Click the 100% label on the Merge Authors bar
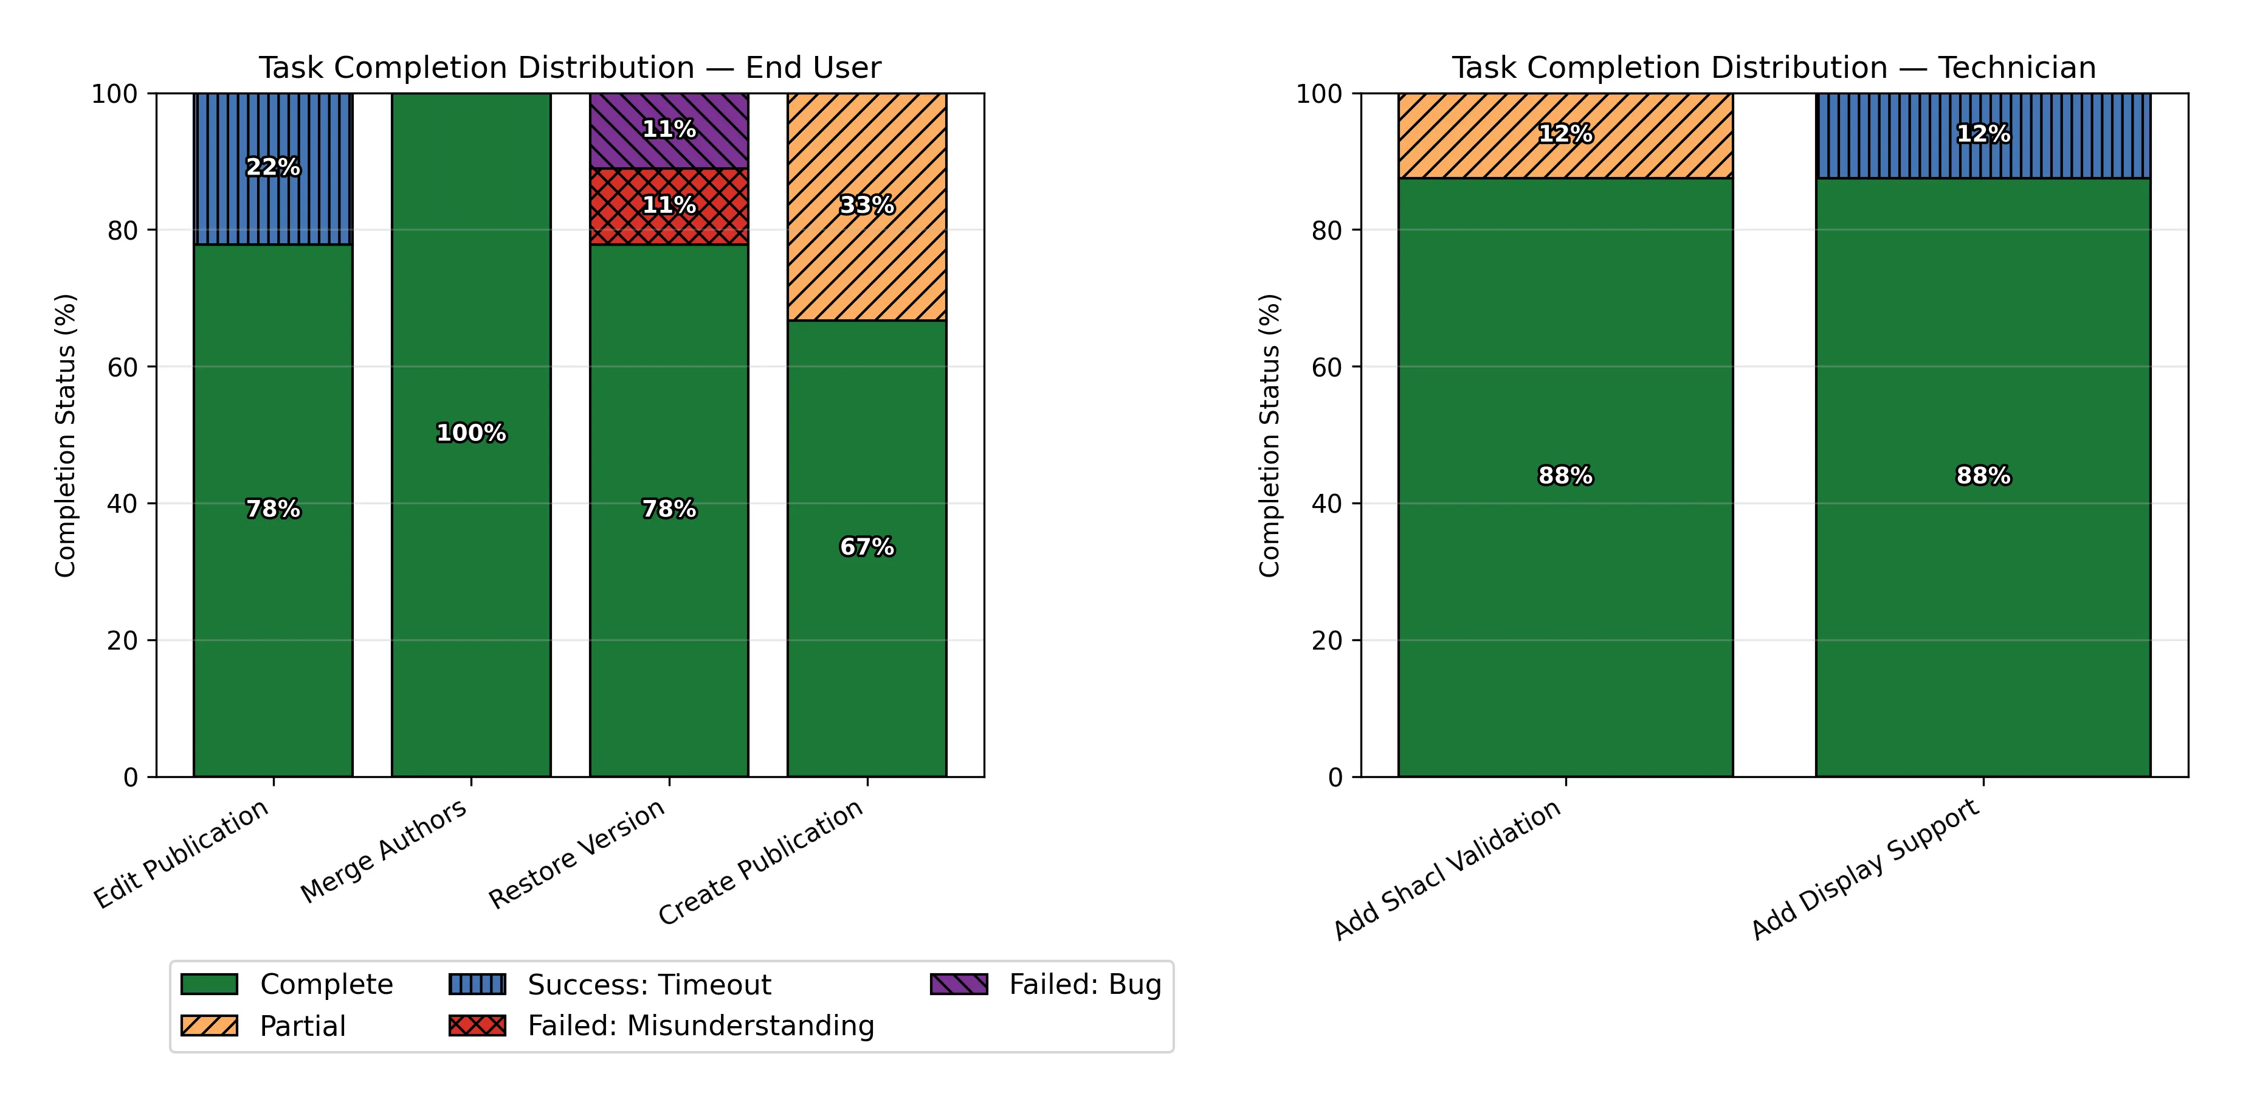point(471,433)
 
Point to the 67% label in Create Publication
point(866,547)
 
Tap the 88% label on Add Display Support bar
point(1983,476)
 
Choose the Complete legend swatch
point(209,984)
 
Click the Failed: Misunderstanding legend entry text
point(700,1026)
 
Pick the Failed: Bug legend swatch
point(959,984)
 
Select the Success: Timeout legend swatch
point(477,984)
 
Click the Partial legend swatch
point(209,1026)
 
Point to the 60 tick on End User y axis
point(123,367)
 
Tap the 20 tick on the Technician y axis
point(1327,640)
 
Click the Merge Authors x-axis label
point(384,851)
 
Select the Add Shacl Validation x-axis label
point(1447,869)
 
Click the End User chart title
point(570,68)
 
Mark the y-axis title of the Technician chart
point(1270,436)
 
